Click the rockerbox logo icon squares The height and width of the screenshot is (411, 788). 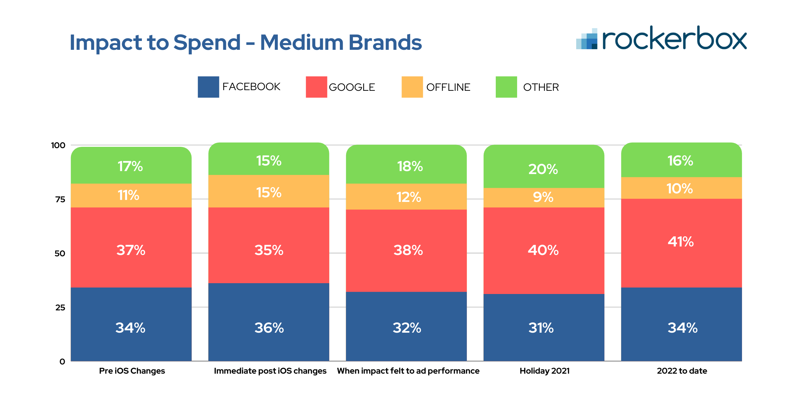pyautogui.click(x=587, y=39)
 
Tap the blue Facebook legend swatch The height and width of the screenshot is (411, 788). pyautogui.click(x=208, y=87)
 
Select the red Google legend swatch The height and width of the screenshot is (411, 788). pyautogui.click(x=316, y=87)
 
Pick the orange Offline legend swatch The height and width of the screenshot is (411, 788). pyautogui.click(x=412, y=87)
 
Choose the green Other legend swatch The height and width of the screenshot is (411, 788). pyautogui.click(x=506, y=87)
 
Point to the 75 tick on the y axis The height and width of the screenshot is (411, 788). pyautogui.click(x=60, y=199)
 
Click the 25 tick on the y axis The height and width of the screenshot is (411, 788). pyautogui.click(x=60, y=307)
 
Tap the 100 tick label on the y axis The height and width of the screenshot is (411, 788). pyautogui.click(x=58, y=145)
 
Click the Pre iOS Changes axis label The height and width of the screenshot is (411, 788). pyautogui.click(x=132, y=371)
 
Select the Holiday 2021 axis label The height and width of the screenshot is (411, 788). pyautogui.click(x=544, y=371)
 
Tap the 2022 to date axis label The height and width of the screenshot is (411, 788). pyautogui.click(x=682, y=371)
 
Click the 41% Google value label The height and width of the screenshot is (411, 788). pyautogui.click(x=681, y=242)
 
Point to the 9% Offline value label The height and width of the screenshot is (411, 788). pyautogui.click(x=543, y=197)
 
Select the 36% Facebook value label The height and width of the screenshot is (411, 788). pyautogui.click(x=269, y=328)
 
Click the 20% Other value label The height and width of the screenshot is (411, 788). pyautogui.click(x=543, y=169)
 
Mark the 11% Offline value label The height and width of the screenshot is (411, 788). pyautogui.click(x=128, y=195)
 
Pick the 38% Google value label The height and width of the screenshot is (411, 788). pyautogui.click(x=408, y=250)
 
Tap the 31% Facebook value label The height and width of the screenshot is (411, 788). pyautogui.click(x=541, y=328)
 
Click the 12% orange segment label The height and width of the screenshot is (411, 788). pyautogui.click(x=408, y=197)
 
